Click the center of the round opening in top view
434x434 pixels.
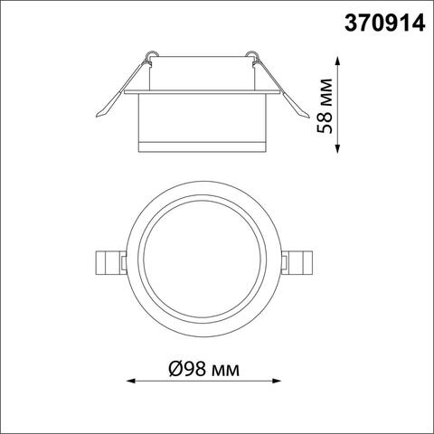[203, 262]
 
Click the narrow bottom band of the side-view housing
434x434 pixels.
[203, 148]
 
